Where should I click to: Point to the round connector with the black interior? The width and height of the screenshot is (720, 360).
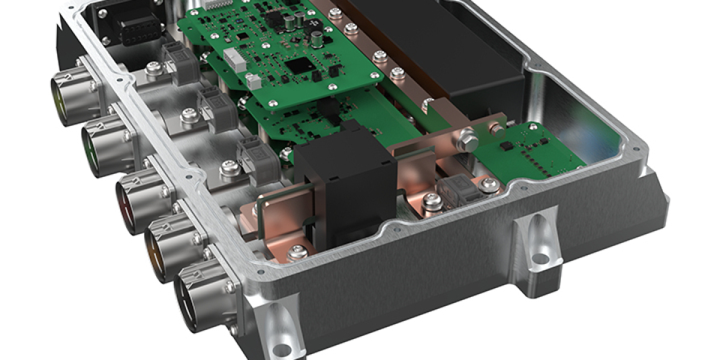(193, 300)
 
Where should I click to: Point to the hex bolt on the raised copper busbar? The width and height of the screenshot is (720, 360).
(467, 143)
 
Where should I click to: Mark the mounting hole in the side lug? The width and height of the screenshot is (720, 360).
(541, 259)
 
